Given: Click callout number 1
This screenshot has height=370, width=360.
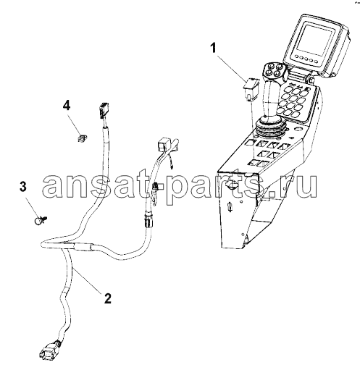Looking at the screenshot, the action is [213, 48].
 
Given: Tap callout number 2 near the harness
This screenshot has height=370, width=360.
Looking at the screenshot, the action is [107, 298].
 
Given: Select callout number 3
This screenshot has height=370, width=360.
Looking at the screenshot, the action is [22, 187].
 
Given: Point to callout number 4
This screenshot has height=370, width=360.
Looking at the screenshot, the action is [67, 106].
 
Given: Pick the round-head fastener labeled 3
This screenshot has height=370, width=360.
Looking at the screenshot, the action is [40, 220].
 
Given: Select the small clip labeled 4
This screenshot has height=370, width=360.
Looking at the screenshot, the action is [83, 138].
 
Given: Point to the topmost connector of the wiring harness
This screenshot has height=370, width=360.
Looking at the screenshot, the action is [103, 109].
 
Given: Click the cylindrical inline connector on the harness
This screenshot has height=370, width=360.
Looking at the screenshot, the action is [148, 220].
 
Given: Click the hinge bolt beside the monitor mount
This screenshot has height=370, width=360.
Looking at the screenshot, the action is [310, 79].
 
